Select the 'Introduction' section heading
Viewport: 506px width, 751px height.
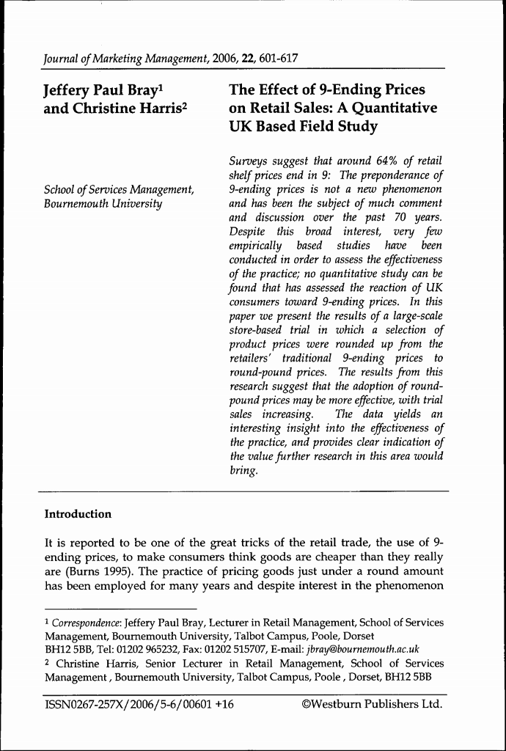coord(78,514)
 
